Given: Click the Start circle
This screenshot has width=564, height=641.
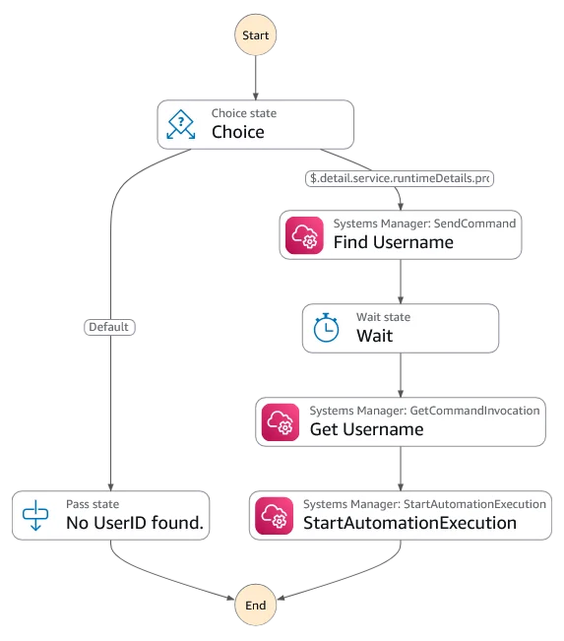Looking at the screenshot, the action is click(x=256, y=34).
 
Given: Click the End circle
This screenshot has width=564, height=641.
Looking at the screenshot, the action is click(x=256, y=605).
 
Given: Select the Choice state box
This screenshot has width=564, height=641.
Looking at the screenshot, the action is click(x=256, y=124).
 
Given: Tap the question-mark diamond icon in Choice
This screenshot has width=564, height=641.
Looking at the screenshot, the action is click(x=181, y=124).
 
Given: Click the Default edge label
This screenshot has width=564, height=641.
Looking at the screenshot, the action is click(x=109, y=327).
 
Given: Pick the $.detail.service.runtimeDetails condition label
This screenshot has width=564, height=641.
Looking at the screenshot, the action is click(x=400, y=178).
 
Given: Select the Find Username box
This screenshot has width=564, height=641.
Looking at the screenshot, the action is click(x=401, y=234).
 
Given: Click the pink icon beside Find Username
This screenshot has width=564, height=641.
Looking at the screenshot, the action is click(x=304, y=235).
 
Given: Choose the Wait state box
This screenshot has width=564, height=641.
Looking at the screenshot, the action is click(x=401, y=328).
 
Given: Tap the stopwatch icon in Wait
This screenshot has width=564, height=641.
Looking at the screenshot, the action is click(x=326, y=328).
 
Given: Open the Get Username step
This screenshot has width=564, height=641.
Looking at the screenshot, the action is click(x=401, y=421).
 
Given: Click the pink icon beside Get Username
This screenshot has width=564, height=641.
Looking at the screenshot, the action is click(x=281, y=422).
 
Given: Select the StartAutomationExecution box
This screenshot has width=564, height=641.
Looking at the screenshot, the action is click(x=401, y=516).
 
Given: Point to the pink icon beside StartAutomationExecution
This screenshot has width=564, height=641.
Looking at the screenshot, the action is click(x=275, y=516).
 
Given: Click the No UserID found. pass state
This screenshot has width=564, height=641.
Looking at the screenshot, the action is click(x=111, y=516).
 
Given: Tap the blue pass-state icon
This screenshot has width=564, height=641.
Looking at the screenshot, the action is click(x=35, y=515).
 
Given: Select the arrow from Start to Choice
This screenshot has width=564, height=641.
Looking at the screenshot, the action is click(x=256, y=78).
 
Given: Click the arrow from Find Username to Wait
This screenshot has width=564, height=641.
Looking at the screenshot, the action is click(x=401, y=282).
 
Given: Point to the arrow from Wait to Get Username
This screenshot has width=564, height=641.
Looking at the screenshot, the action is click(x=401, y=375).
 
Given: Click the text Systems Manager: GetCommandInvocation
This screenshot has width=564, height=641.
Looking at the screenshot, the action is click(x=424, y=411).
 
